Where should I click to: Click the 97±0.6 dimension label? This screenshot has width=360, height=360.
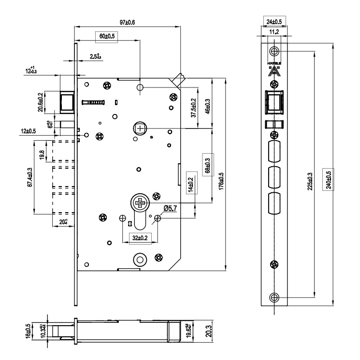pyautogui.click(x=127, y=22)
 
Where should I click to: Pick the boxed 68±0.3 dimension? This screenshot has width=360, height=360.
pyautogui.click(x=208, y=164)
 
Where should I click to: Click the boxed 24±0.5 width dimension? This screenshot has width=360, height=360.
pyautogui.click(x=274, y=22)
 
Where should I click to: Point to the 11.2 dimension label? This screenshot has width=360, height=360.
pyautogui.click(x=274, y=32)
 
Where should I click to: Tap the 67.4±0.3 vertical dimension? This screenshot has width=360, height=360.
pyautogui.click(x=30, y=177)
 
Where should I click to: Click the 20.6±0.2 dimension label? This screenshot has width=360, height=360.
pyautogui.click(x=41, y=102)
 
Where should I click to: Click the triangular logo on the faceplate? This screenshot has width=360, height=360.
pyautogui.click(x=274, y=71)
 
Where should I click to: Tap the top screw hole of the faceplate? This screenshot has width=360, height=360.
pyautogui.click(x=274, y=51)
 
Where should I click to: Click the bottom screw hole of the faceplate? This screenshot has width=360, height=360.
pyautogui.click(x=274, y=297)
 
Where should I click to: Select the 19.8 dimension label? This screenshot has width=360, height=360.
pyautogui.click(x=42, y=153)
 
